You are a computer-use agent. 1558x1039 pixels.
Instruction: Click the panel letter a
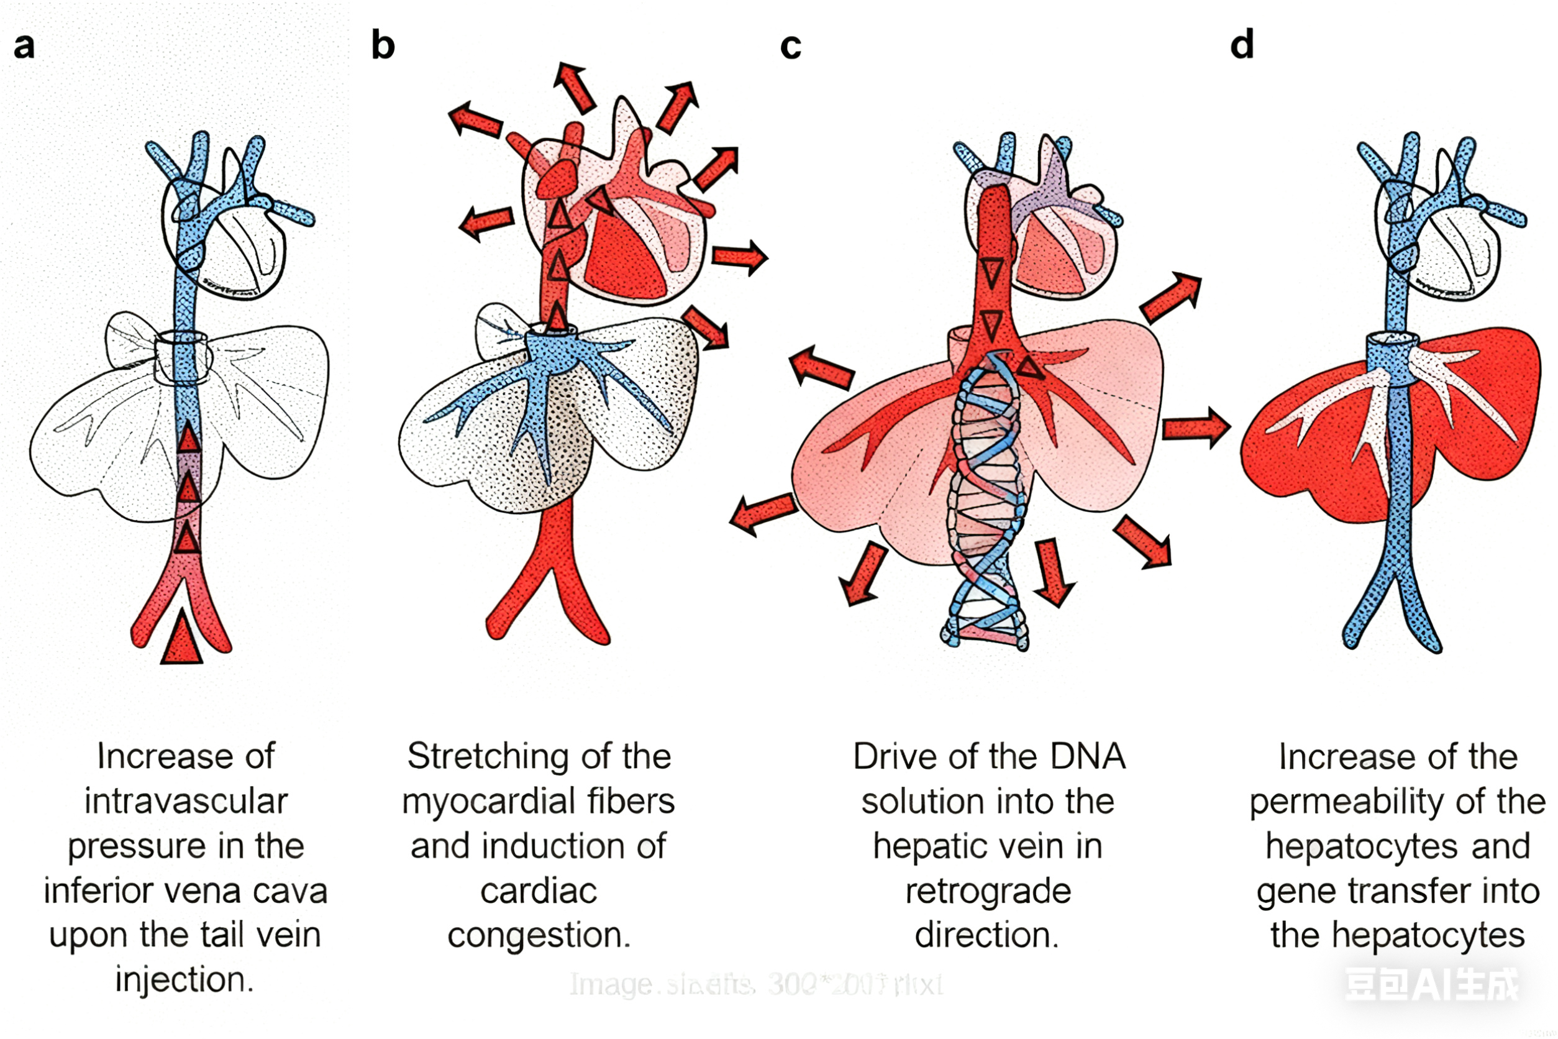[x=24, y=47]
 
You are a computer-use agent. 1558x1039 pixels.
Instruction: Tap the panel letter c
[x=790, y=47]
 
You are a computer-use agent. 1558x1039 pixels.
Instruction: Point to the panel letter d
[x=1242, y=45]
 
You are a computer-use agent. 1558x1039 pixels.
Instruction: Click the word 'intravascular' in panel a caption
[x=186, y=801]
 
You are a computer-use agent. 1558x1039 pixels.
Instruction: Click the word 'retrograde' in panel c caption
[x=988, y=890]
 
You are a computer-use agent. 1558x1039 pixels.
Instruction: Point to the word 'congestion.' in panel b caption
[x=539, y=935]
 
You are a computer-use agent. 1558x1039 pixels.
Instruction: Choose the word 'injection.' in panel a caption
[x=185, y=979]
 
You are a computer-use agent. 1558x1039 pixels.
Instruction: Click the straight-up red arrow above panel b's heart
[x=573, y=87]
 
